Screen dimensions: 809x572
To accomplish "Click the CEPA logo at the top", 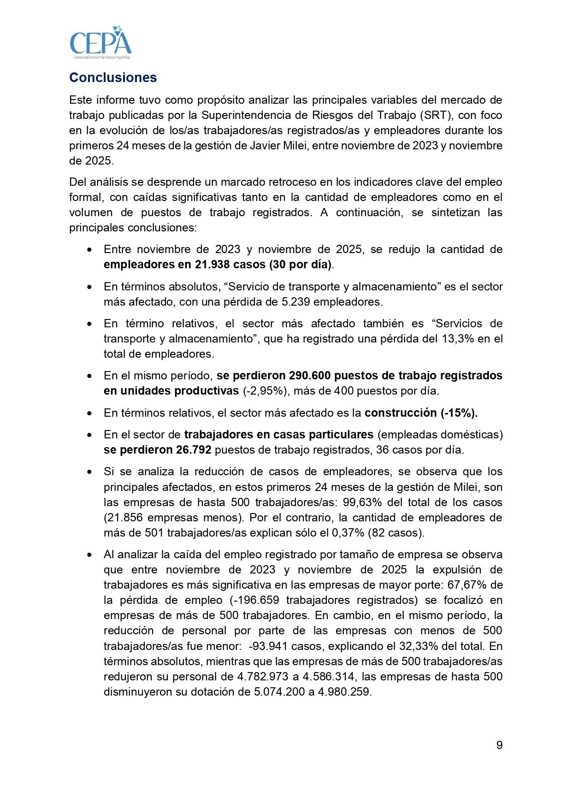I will (100, 42).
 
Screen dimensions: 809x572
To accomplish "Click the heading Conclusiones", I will (113, 77).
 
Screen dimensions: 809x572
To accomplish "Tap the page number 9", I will (499, 745).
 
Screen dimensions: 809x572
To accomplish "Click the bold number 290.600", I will (310, 376).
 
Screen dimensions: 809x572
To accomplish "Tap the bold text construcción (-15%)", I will (421, 413).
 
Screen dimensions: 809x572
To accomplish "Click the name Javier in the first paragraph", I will (268, 146).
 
